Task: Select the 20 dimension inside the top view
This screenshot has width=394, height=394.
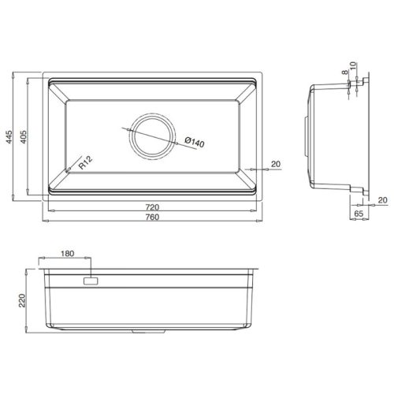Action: pos(276,163)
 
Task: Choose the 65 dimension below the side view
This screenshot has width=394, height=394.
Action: pos(359,213)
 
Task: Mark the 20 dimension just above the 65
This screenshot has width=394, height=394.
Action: pos(382,200)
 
